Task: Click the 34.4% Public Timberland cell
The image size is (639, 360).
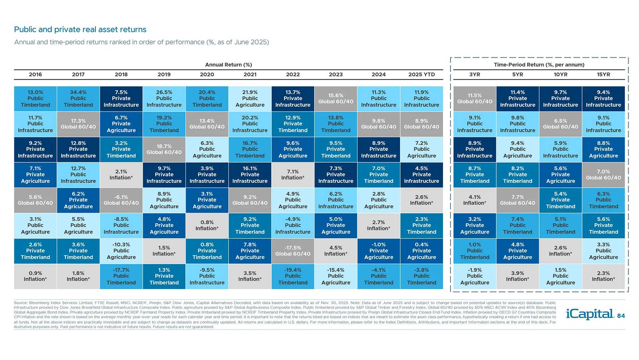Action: (78, 99)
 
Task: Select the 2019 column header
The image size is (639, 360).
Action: (164, 75)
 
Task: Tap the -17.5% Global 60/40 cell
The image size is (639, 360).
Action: (293, 251)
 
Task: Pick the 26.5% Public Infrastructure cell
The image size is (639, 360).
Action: (164, 99)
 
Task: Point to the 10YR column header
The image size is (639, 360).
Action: (560, 75)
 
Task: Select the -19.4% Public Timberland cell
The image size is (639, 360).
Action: (293, 276)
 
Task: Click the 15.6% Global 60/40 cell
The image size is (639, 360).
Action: (336, 99)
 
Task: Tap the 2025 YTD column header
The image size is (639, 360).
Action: (422, 75)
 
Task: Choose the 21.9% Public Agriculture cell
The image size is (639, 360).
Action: (250, 99)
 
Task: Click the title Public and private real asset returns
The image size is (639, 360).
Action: (80, 30)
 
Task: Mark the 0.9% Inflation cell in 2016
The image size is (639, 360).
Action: (35, 276)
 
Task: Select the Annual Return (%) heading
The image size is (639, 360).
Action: (228, 65)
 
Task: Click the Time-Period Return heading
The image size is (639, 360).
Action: (539, 65)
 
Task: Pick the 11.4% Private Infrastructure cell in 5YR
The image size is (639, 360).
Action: (518, 99)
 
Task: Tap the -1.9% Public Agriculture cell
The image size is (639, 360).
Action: (475, 276)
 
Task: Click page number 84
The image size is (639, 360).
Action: (621, 316)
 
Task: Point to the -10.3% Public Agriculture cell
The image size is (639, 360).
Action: (121, 251)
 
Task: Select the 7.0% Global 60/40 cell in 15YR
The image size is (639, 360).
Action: (603, 175)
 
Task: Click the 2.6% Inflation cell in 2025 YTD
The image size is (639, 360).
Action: (422, 200)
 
